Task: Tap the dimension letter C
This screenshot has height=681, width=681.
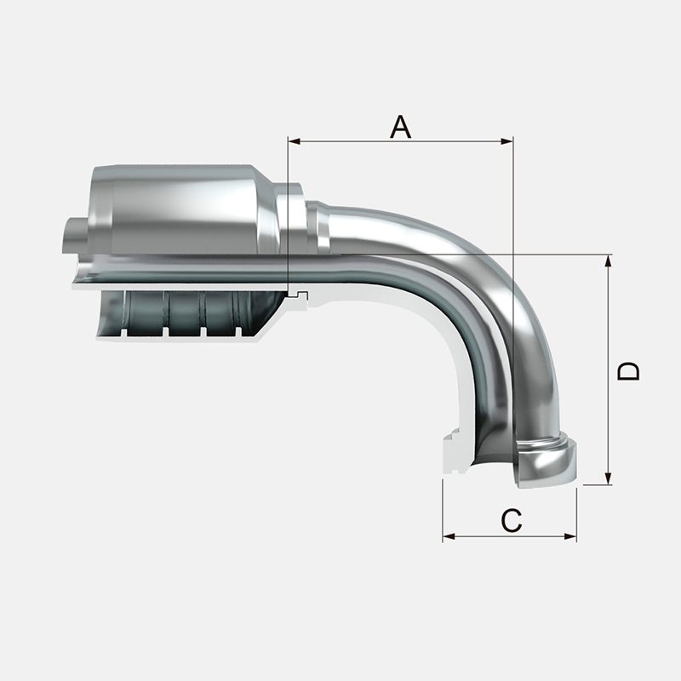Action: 511,520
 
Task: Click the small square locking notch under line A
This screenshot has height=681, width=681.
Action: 298,294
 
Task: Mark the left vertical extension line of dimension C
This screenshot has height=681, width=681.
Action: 444,511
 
